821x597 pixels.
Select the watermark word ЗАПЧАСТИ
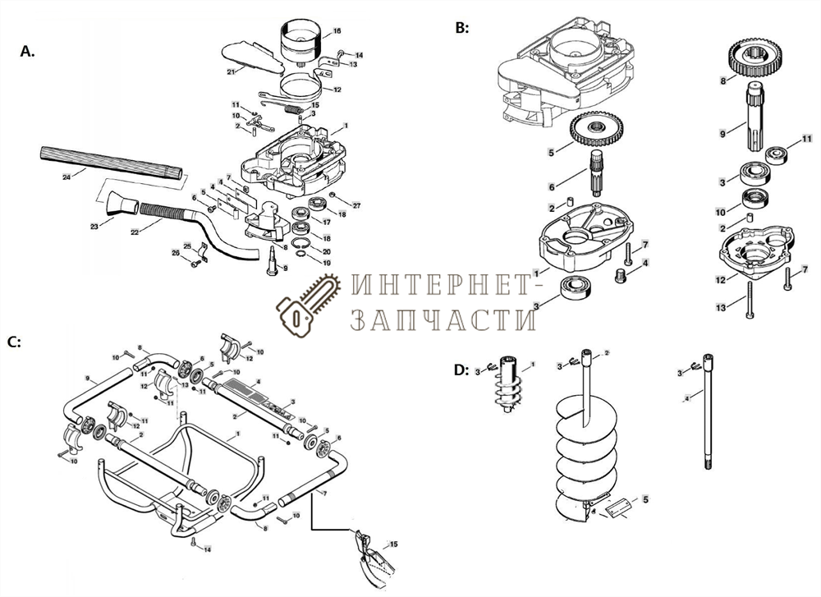[444, 318]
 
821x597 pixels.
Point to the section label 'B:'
[462, 27]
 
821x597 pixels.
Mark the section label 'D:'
[461, 370]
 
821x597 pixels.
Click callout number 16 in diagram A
[336, 31]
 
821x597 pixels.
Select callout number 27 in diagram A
[356, 204]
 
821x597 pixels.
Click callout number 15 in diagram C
[393, 544]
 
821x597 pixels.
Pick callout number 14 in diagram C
[208, 549]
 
